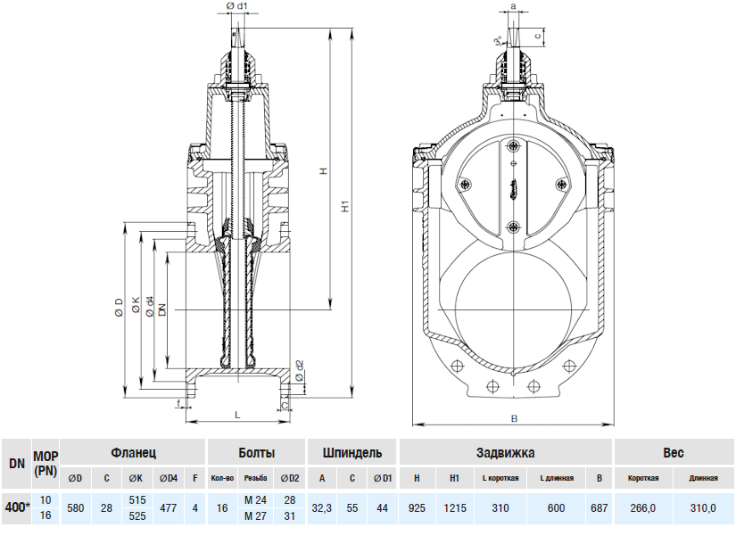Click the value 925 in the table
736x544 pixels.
coord(416,507)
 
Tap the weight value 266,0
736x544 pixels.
coord(641,507)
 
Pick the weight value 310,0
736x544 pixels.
coord(703,507)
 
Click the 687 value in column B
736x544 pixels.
coord(599,507)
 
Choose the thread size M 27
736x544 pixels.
coord(255,516)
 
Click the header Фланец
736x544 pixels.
coord(134,453)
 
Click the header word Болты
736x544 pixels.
coord(256,453)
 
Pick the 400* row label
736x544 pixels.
coord(16,507)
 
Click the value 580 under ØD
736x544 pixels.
coord(76,507)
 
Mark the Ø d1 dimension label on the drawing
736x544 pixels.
coord(236,7)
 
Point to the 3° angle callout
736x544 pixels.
coord(497,41)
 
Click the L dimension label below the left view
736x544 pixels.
coord(236,416)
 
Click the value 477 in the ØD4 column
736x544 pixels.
coord(168,507)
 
